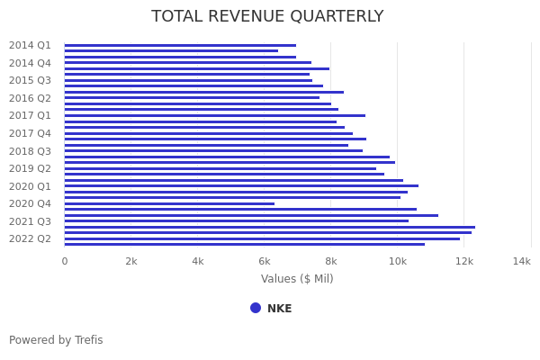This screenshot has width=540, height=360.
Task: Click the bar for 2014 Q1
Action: (180, 45)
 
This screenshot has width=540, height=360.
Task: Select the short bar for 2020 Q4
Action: (169, 203)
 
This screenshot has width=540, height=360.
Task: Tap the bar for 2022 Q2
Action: (261, 238)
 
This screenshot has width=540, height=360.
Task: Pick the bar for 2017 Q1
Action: (214, 115)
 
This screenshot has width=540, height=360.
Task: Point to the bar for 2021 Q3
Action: (236, 220)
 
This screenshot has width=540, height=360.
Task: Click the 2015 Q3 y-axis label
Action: (30, 80)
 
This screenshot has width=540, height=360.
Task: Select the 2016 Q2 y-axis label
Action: (30, 98)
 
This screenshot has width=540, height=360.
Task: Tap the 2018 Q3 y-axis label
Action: (30, 151)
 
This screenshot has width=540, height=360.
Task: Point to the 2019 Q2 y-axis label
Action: (30, 168)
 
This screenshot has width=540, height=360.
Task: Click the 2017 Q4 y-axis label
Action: (30, 133)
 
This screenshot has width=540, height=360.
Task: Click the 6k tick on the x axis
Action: (265, 261)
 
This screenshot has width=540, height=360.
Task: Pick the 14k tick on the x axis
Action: (521, 261)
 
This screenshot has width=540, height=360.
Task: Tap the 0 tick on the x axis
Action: (64, 261)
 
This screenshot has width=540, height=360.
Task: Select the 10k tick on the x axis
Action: (398, 261)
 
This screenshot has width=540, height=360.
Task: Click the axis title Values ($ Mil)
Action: (297, 279)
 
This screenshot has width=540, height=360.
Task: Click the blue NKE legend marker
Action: (256, 308)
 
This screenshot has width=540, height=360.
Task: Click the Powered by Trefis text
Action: (56, 340)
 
